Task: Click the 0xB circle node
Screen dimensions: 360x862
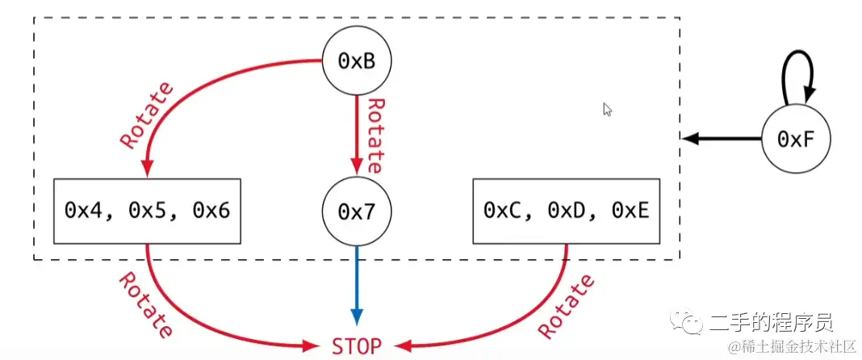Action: (356, 61)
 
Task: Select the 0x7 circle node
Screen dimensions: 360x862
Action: (355, 211)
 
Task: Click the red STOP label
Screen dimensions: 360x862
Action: (355, 345)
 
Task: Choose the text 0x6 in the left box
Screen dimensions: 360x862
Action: (211, 211)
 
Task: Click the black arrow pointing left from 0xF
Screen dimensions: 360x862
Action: (722, 139)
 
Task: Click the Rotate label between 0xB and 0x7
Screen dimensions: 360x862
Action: (374, 136)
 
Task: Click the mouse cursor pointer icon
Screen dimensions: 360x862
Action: (607, 109)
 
